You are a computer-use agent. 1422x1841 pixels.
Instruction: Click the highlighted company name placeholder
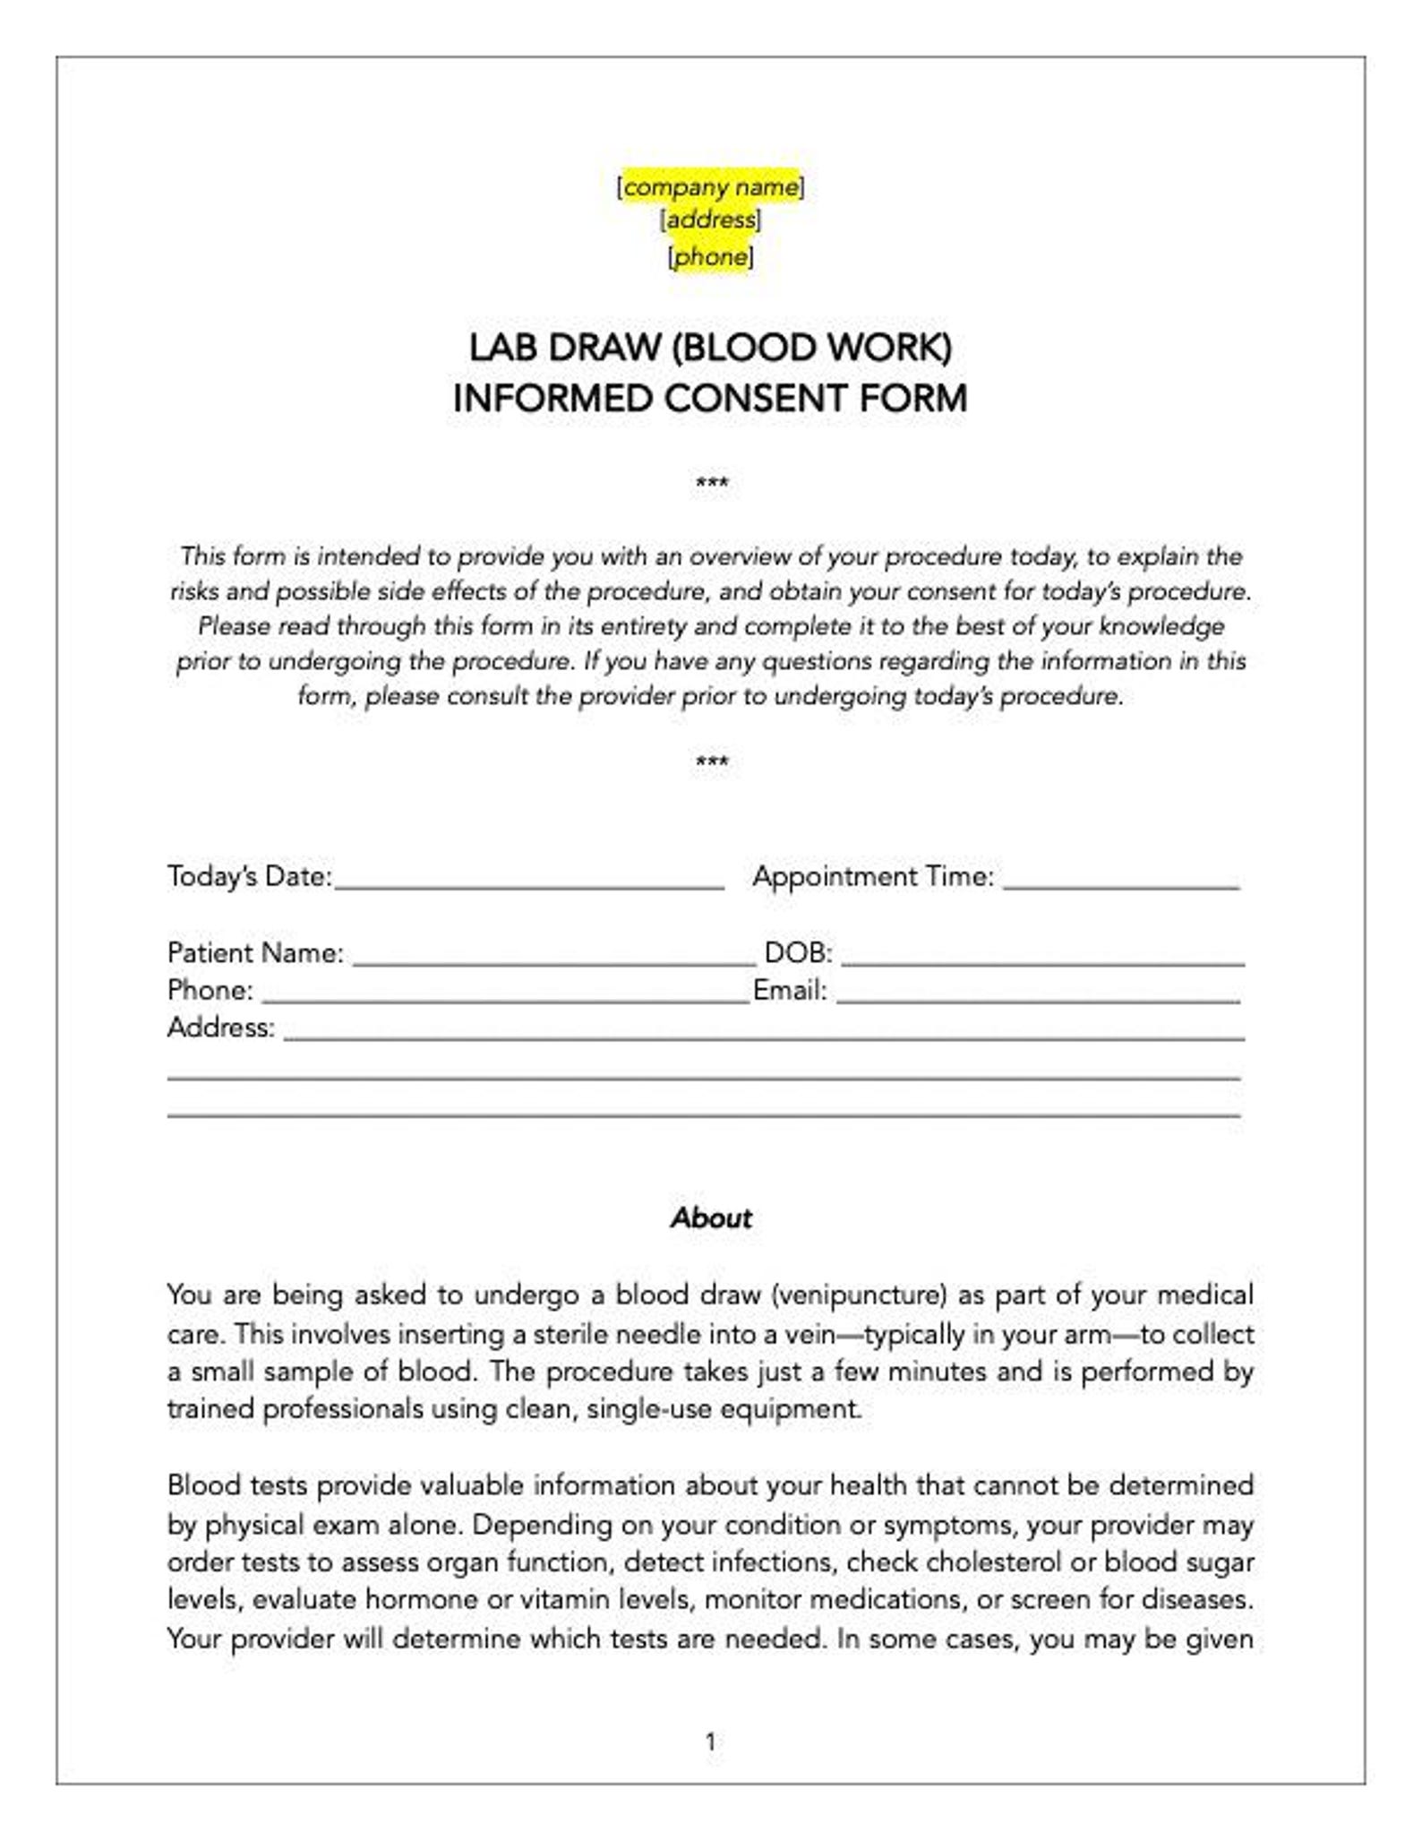tap(710, 187)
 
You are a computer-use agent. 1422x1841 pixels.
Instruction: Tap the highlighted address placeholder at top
tap(710, 220)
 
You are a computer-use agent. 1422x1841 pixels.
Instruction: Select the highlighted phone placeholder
tap(710, 258)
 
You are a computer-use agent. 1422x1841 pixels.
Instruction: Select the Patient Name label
tap(255, 952)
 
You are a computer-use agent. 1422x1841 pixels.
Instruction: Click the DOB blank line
tap(1042, 957)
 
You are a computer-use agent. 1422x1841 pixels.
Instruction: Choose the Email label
tap(790, 990)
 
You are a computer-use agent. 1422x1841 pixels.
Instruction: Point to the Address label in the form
tap(220, 1027)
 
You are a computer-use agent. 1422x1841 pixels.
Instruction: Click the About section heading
tap(711, 1217)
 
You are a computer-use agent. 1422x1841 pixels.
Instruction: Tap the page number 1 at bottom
tap(711, 1742)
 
